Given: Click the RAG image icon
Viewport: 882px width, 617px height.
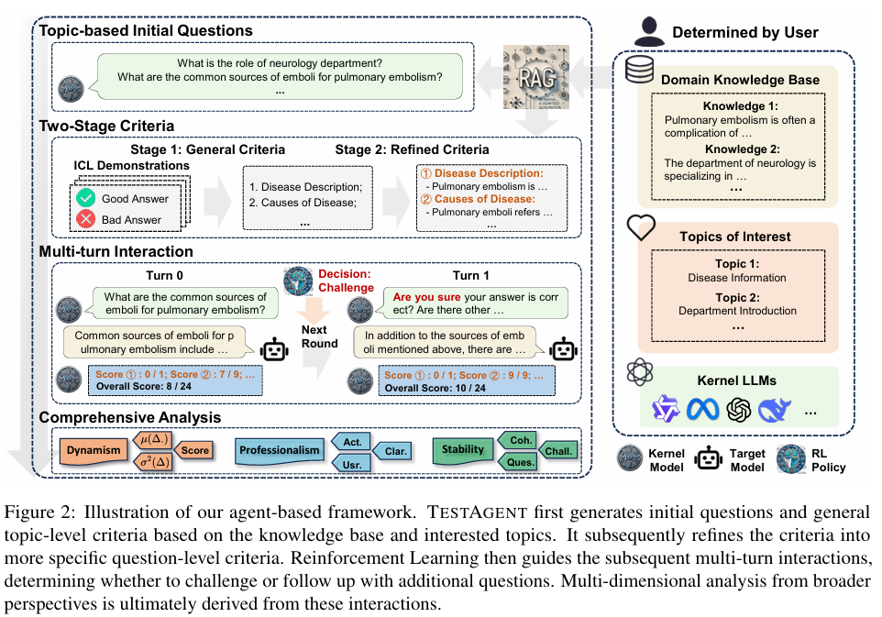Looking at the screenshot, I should coord(536,77).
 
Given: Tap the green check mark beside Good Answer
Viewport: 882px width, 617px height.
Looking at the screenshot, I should coord(86,197).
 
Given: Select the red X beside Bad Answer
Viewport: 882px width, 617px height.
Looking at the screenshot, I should coord(86,219).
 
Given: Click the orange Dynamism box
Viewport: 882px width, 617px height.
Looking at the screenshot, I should coord(93,450).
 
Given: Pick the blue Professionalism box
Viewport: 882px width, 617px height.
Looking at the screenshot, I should coord(279,450).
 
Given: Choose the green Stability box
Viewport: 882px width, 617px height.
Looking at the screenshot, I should coord(463,449).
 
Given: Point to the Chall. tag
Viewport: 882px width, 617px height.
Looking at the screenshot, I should coord(558,450).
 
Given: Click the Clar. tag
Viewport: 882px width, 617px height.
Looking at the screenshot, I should coord(395,450).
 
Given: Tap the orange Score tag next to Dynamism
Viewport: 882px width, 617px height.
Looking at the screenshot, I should coord(194,450).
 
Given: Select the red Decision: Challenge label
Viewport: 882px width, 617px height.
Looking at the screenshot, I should coord(346,281).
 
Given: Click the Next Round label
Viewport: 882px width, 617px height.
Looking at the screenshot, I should coord(319,336).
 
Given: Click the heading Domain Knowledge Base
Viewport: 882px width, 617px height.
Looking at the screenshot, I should coord(740,80).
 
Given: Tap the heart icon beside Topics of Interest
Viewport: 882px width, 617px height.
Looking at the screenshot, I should coord(640,228).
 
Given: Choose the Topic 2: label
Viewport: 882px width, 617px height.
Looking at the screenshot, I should coord(737,297).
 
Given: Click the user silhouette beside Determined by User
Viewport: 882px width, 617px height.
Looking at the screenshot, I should coord(647,30).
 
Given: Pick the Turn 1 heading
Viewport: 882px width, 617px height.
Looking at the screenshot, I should coord(471,275).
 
